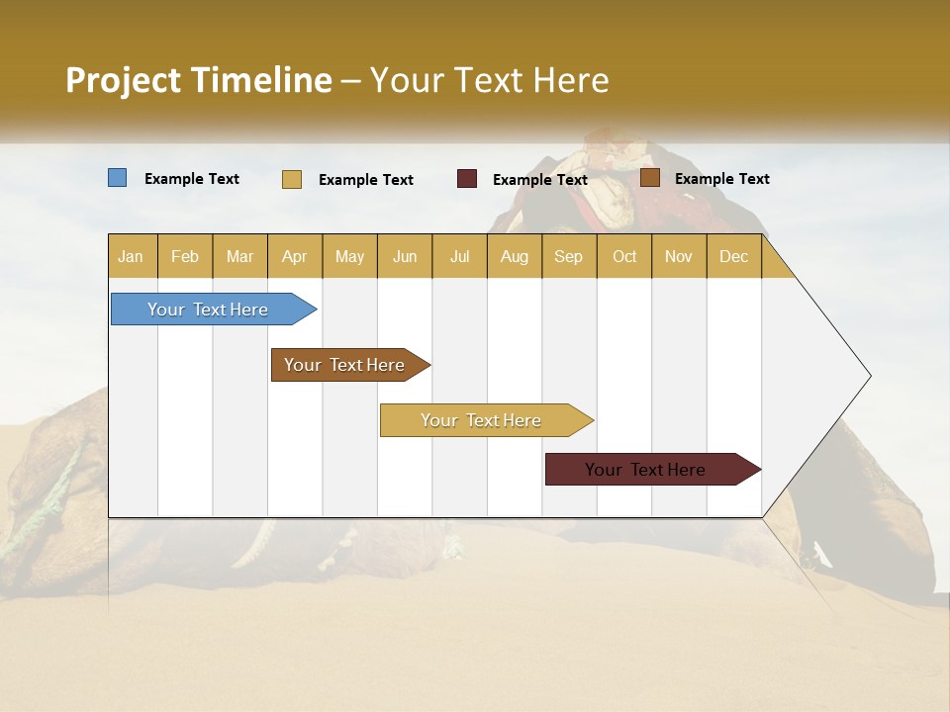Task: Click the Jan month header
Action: point(132,257)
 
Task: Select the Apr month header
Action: point(295,257)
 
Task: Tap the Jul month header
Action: point(459,257)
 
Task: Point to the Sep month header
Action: point(569,257)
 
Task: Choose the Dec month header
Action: point(733,257)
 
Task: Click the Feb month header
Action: point(185,257)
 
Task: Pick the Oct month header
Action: point(624,257)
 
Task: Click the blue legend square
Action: point(118,178)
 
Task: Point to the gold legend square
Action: point(292,179)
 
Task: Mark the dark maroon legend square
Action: point(467,179)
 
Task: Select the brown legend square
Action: point(649,178)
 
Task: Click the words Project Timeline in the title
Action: point(199,80)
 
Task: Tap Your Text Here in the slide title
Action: point(489,80)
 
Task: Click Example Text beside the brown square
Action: point(721,179)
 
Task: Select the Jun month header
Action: point(405,257)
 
